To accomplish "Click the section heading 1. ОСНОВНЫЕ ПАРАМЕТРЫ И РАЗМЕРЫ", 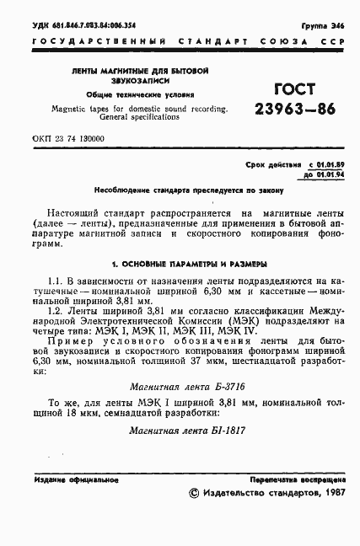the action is click(x=180, y=264).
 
